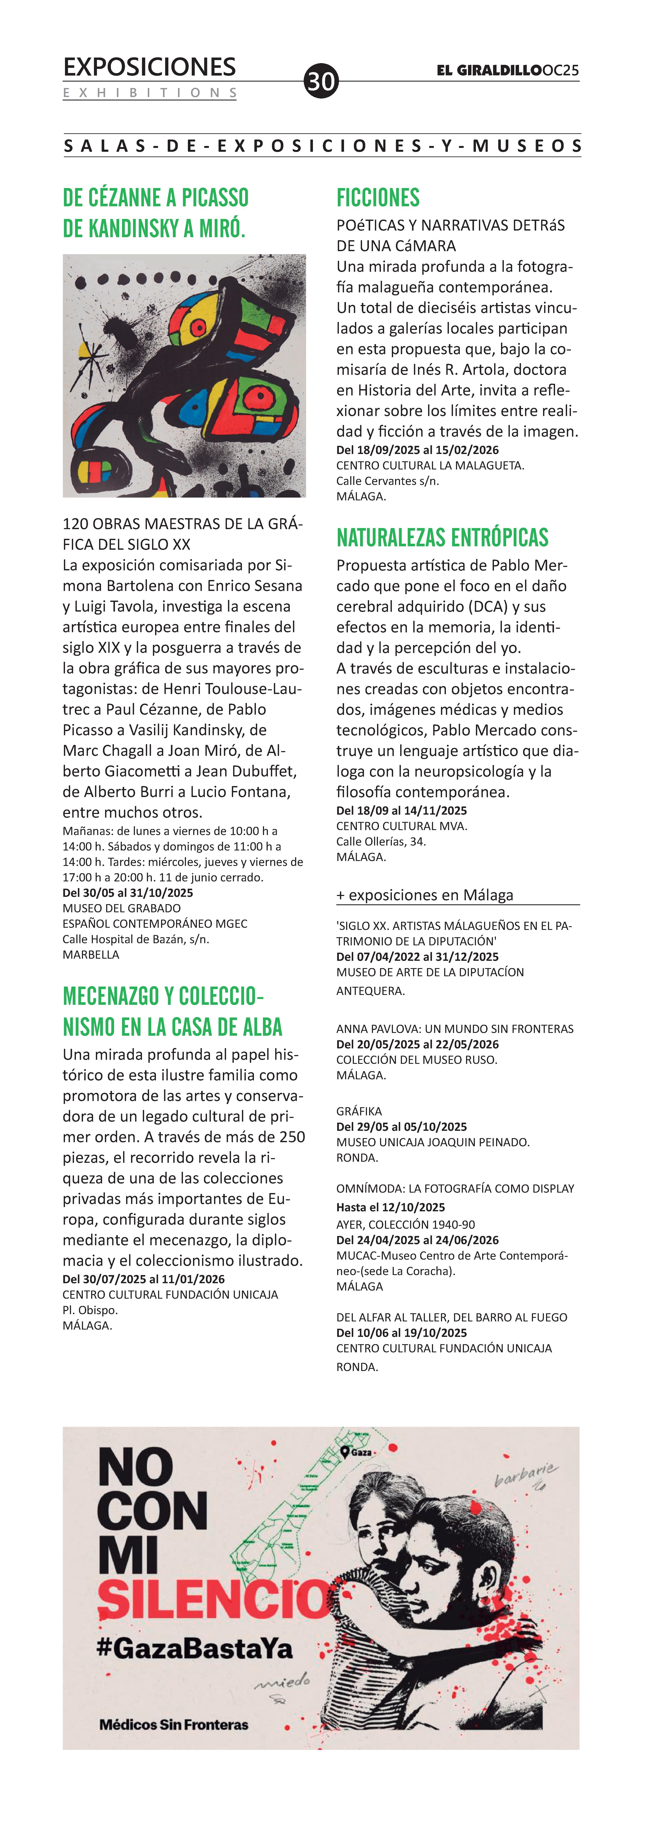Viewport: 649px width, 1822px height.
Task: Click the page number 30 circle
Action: (321, 81)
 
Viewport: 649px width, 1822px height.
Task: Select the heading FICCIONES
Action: (378, 198)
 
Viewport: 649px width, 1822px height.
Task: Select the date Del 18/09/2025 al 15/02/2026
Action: (417, 450)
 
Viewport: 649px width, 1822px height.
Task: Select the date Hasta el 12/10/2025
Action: (390, 1207)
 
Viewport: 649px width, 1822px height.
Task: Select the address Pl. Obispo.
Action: (90, 1310)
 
